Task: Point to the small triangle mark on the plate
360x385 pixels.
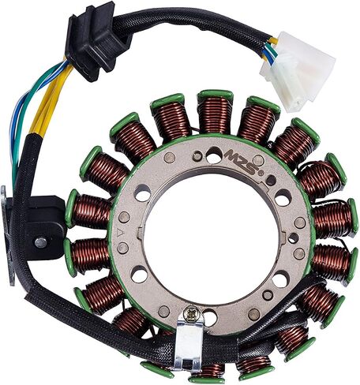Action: (x=119, y=232)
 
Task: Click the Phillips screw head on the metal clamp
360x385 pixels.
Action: (x=189, y=316)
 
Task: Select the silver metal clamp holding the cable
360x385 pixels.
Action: (x=189, y=339)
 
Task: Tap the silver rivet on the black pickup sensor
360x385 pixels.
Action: (x=41, y=242)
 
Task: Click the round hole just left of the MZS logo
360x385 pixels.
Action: (x=214, y=155)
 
